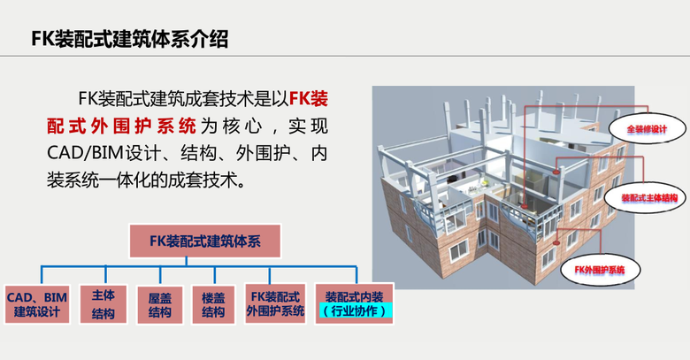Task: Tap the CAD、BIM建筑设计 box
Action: pos(37,304)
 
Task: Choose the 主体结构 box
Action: pos(103,304)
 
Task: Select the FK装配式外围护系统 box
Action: pos(275,304)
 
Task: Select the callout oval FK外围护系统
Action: pos(605,266)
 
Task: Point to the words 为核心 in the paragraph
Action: pos(230,126)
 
